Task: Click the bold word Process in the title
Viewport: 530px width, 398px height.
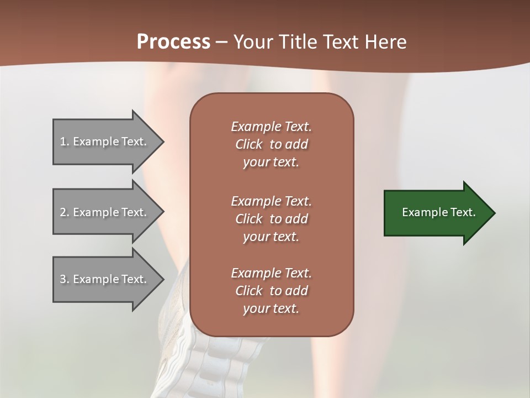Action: click(173, 42)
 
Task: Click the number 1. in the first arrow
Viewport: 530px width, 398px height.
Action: click(65, 142)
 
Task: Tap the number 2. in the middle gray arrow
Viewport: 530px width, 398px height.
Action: click(65, 212)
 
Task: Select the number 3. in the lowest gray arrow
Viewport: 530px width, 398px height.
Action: click(65, 279)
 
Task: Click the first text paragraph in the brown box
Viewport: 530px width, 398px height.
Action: click(271, 144)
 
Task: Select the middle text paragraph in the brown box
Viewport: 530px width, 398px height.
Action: click(271, 219)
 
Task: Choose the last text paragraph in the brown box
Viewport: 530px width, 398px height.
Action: click(271, 291)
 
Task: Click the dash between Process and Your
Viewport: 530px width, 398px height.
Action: click(221, 43)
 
